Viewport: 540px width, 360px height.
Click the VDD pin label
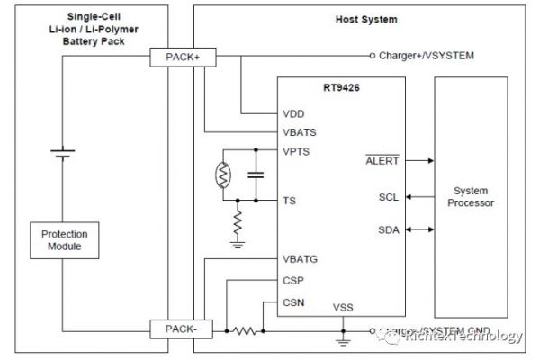click(x=294, y=114)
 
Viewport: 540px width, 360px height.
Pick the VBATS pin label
click(x=299, y=132)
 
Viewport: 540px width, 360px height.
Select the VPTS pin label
click(x=297, y=150)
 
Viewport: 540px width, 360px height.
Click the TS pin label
click(x=290, y=201)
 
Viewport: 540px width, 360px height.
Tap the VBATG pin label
click(x=300, y=258)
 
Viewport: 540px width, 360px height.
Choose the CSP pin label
click(x=293, y=280)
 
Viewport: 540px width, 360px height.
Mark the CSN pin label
click(x=293, y=302)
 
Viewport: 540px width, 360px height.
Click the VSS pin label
click(x=343, y=308)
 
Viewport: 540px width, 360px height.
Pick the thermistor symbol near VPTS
click(x=222, y=174)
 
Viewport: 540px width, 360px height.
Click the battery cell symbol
click(x=60, y=153)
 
